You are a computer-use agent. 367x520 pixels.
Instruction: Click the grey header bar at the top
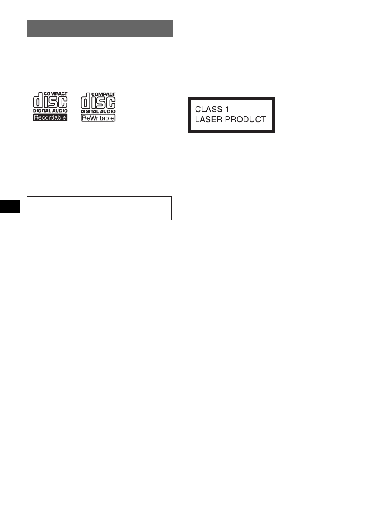tap(100, 28)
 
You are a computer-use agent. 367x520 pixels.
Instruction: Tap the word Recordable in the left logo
tap(50, 117)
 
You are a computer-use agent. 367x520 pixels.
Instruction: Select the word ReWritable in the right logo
tap(98, 118)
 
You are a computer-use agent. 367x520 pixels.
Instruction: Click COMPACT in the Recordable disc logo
tap(55, 94)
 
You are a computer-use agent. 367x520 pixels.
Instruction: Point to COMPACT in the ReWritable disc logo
tap(103, 94)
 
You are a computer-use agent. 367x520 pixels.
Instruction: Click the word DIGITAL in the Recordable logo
tap(41, 111)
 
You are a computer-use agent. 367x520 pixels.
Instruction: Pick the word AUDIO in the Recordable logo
tap(59, 111)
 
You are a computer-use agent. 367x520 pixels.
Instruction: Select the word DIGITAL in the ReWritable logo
tap(89, 111)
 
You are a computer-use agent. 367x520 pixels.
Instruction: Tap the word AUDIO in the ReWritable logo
tap(107, 111)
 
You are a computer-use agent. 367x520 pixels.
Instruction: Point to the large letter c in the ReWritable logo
tap(110, 103)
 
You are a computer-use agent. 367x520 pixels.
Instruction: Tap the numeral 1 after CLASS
tap(227, 109)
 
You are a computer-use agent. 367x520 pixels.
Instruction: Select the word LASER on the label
tap(208, 119)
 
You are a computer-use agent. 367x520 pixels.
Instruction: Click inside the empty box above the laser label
tap(261, 53)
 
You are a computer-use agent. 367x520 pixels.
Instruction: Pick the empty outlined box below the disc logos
tap(99, 208)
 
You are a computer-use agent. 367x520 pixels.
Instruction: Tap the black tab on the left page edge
tap(10, 207)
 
